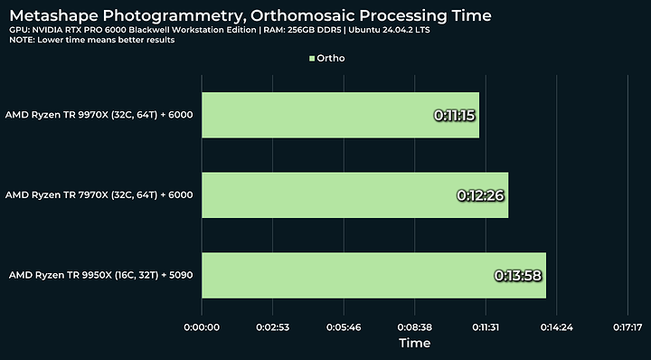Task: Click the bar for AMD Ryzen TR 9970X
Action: click(x=340, y=115)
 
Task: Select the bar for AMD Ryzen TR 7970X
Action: click(x=354, y=194)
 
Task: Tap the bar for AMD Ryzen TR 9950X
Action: click(x=373, y=275)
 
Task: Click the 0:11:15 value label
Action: click(x=455, y=116)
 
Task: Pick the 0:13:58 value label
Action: click(x=519, y=275)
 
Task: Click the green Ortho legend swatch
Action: click(x=312, y=59)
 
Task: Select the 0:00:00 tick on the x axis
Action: click(x=202, y=326)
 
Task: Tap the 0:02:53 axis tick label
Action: click(x=272, y=326)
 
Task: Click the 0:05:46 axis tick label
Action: click(x=344, y=326)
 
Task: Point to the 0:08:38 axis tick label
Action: click(x=414, y=326)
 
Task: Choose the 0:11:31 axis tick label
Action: click(x=486, y=326)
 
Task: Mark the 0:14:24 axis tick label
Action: click(x=556, y=326)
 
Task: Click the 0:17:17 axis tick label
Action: click(x=627, y=326)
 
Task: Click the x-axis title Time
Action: click(x=414, y=344)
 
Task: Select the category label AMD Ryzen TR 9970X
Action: click(x=99, y=116)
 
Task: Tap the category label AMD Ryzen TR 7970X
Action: click(x=99, y=195)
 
